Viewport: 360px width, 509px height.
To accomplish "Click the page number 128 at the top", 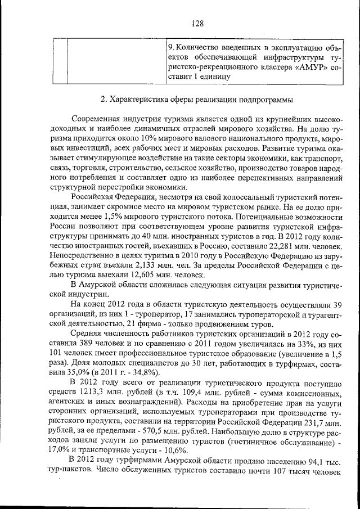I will (197, 23).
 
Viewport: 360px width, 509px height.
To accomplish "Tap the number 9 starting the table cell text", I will (171, 47).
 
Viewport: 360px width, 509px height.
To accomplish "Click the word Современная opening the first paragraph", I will (97, 120).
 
